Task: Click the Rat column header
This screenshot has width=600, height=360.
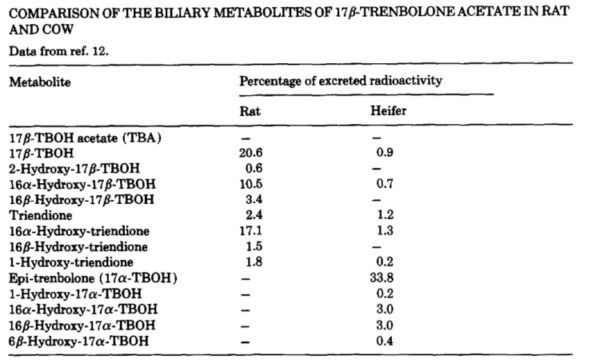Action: [250, 111]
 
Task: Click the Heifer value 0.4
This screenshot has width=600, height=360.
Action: [384, 342]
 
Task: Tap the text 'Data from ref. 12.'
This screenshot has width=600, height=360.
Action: [61, 52]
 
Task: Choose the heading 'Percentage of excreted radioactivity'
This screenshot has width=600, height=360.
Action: [342, 82]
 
